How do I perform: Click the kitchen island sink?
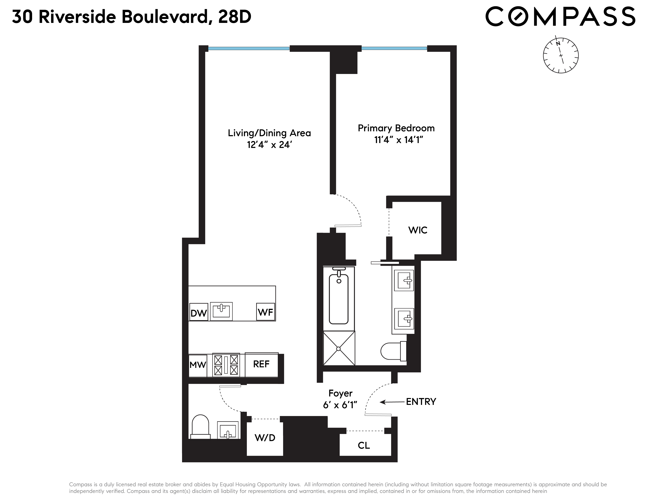pos(221,311)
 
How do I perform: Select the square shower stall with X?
pos(339,349)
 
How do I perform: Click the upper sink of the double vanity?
pos(404,281)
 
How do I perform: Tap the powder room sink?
pos(228,430)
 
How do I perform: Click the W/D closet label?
pos(265,438)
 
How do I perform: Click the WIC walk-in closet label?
pos(418,230)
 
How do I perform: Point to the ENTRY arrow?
pos(392,402)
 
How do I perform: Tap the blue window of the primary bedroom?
pos(394,48)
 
